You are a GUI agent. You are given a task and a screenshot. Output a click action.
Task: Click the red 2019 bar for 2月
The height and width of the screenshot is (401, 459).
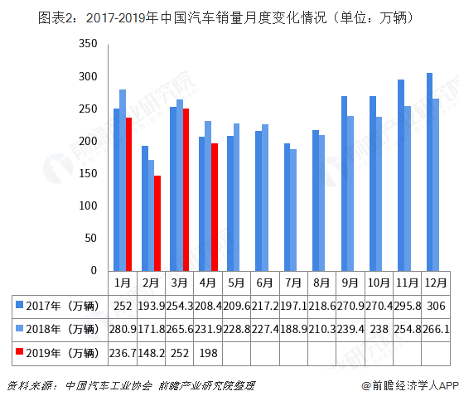click(157, 223)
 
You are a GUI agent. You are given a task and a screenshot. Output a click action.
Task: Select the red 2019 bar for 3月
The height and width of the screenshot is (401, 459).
click(186, 189)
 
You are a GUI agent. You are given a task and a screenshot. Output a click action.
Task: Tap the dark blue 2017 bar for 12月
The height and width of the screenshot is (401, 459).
click(429, 172)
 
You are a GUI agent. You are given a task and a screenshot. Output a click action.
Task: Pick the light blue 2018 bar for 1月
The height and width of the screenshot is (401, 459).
click(123, 180)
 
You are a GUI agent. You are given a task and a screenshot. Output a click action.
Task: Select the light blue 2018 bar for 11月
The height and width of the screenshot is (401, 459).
click(408, 188)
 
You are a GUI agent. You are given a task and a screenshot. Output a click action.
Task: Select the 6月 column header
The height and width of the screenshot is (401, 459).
click(264, 283)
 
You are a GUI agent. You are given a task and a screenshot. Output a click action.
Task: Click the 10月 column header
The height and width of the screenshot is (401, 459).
click(378, 283)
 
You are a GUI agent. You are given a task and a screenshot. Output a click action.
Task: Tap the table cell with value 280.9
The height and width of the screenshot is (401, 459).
click(122, 330)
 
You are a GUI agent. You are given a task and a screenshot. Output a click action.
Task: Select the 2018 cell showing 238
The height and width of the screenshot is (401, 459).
click(378, 330)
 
